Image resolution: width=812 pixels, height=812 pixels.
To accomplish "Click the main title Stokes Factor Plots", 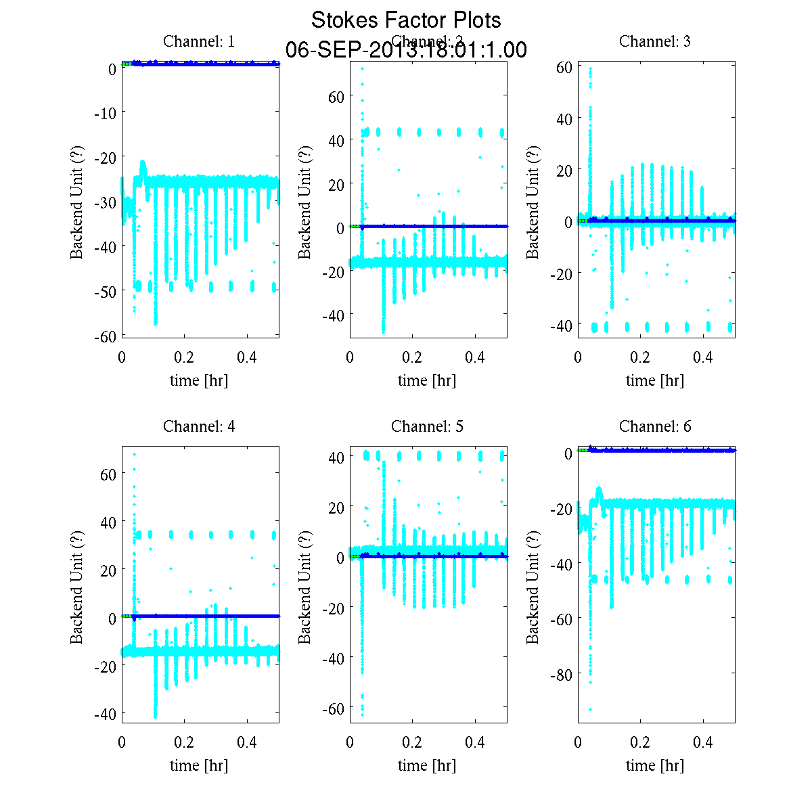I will pyautogui.click(x=406, y=20).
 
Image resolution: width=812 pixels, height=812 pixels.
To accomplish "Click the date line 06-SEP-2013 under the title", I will pyautogui.click(x=406, y=50).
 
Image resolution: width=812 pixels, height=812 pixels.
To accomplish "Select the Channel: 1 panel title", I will pyautogui.click(x=199, y=41).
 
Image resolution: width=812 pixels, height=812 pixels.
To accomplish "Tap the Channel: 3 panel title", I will pyautogui.click(x=655, y=41).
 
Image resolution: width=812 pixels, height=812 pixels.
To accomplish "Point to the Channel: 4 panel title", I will pyautogui.click(x=199, y=426).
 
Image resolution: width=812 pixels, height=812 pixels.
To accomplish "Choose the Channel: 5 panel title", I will pyautogui.click(x=427, y=426).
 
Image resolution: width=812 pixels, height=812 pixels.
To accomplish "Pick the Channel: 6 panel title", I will pyautogui.click(x=655, y=426).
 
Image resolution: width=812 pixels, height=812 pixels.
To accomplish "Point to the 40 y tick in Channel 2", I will pyautogui.click(x=336, y=141).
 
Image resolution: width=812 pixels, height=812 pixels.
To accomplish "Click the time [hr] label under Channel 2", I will pyautogui.click(x=427, y=380).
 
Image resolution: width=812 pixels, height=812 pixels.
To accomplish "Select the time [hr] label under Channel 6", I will pyautogui.click(x=655, y=765).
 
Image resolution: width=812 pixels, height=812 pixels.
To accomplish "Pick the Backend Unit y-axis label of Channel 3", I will pyautogui.click(x=533, y=201).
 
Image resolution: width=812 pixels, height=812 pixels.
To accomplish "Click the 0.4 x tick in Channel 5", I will pyautogui.click(x=475, y=742).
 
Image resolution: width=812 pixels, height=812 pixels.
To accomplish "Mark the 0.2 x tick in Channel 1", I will pyautogui.click(x=184, y=357).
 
